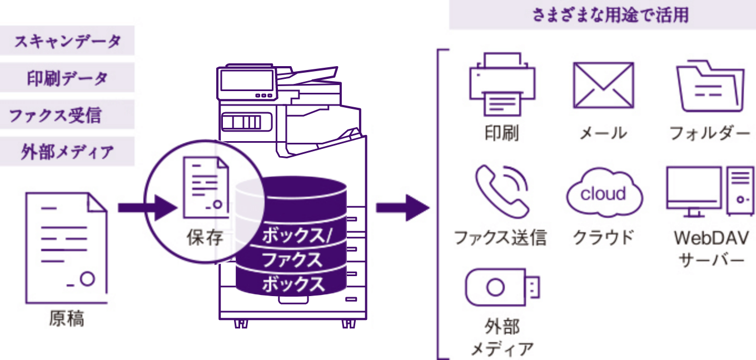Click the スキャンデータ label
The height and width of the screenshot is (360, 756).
click(67, 42)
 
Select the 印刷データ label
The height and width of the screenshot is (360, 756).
click(67, 78)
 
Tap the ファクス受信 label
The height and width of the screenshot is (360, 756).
click(56, 116)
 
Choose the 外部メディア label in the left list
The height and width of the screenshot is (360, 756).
click(67, 151)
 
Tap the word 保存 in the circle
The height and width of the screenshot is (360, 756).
click(205, 238)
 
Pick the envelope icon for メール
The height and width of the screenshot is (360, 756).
click(603, 86)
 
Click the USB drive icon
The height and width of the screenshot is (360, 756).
click(501, 287)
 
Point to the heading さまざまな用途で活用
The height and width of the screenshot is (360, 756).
click(603, 16)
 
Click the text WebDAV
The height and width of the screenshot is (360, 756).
click(711, 238)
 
